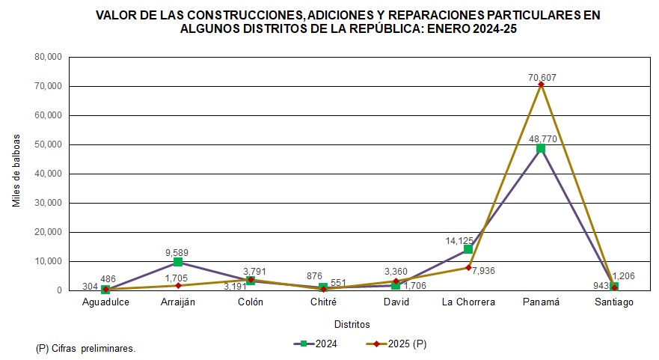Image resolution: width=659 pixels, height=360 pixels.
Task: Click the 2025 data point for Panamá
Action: point(541,84)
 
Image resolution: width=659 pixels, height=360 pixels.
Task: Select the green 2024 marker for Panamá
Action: point(541,148)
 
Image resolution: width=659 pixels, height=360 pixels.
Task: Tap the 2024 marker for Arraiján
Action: point(178,262)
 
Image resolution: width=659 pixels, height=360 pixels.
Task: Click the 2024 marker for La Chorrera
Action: point(468,249)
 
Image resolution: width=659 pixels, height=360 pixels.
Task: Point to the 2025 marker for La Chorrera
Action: point(468,267)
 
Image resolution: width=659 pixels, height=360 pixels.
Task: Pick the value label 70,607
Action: point(541,76)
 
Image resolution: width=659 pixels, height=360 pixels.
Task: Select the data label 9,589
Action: point(178,253)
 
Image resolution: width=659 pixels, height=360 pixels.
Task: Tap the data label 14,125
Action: point(461,240)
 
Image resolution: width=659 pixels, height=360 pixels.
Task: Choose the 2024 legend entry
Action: point(319,344)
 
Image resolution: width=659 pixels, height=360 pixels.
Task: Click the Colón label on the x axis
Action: point(251,302)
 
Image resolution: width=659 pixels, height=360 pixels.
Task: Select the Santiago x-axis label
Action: point(613,302)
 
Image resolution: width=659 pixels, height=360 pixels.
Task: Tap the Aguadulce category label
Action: point(105,302)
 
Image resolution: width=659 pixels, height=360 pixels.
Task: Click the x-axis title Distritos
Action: point(352,324)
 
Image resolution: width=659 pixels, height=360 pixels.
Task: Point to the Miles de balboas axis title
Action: point(16,171)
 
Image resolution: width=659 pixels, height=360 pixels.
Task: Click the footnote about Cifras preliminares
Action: point(85,348)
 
